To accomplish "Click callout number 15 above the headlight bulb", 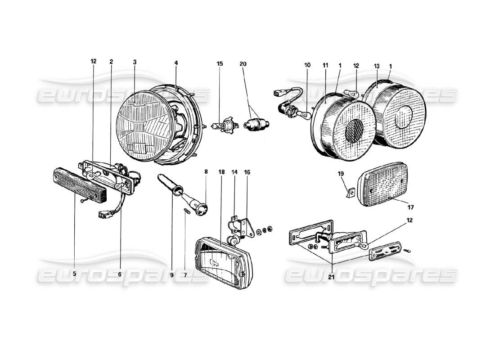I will point(220,64).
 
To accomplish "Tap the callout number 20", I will point(243,64).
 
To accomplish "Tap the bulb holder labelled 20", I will point(256,123).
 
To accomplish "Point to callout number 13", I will point(376,65).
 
